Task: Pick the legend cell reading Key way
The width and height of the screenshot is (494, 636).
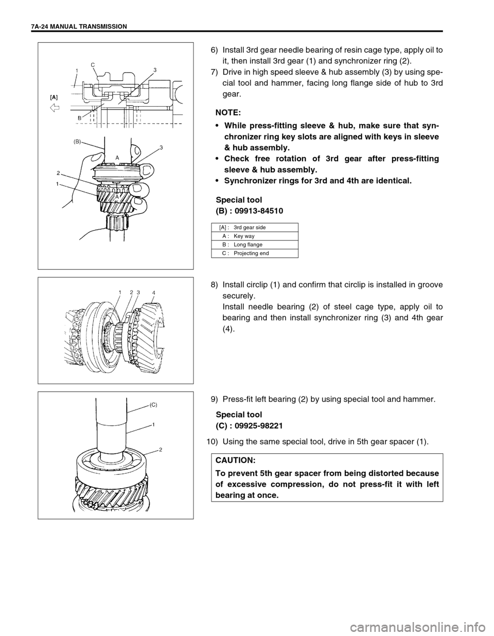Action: (x=244, y=236)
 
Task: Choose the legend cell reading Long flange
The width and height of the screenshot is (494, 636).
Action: (x=248, y=245)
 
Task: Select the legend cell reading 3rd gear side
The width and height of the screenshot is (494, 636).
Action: (x=250, y=227)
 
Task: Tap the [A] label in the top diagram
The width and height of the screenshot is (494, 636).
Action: (x=54, y=96)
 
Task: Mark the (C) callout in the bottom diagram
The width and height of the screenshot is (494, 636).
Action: (x=154, y=405)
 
